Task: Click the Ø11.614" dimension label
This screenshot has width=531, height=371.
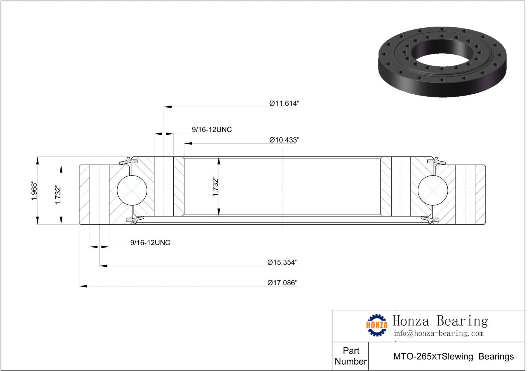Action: tap(284, 103)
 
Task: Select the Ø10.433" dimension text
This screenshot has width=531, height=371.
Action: tap(284, 140)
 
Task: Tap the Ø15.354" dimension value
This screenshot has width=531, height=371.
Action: tap(282, 262)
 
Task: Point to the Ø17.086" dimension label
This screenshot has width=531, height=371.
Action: tap(282, 283)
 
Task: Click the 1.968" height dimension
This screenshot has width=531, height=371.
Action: tap(34, 191)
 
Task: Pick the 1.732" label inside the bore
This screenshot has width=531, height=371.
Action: tap(215, 186)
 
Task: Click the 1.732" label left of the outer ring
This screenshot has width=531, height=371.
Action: tap(58, 195)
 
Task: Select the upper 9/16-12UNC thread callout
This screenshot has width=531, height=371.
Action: tap(212, 130)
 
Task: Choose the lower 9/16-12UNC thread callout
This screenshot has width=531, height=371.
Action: tap(150, 242)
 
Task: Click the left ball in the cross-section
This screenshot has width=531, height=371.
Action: tap(132, 190)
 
